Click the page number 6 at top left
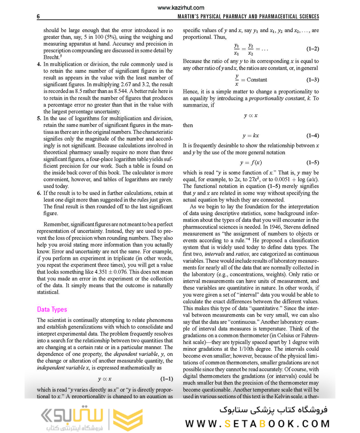pyautogui.click(x=39, y=17)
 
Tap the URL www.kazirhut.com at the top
pyautogui.click(x=180, y=8)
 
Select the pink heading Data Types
pyautogui.click(x=52, y=309)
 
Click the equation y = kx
pyautogui.click(x=250, y=136)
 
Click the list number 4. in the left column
pyautogui.click(x=39, y=64)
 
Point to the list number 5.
pyautogui.click(x=39, y=119)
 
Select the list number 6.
pyautogui.click(x=39, y=193)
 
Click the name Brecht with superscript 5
pyautogui.click(x=51, y=58)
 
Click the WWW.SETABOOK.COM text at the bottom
pyautogui.click(x=258, y=423)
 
